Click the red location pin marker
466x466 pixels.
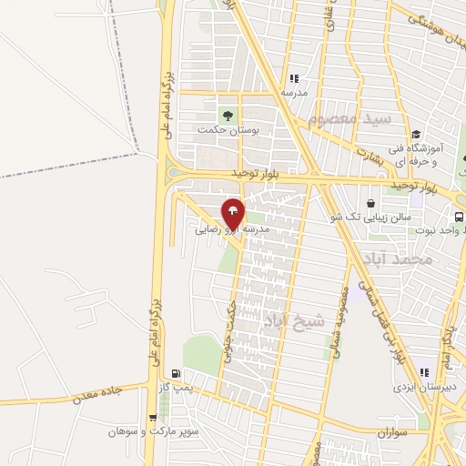(233, 214)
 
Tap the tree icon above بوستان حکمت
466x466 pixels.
(228, 115)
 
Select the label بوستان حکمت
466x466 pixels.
(228, 130)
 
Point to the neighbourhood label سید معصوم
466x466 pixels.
(348, 119)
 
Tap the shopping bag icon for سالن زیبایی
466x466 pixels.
(370, 203)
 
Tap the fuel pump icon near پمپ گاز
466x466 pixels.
(175, 373)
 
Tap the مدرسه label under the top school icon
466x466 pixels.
(293, 93)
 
